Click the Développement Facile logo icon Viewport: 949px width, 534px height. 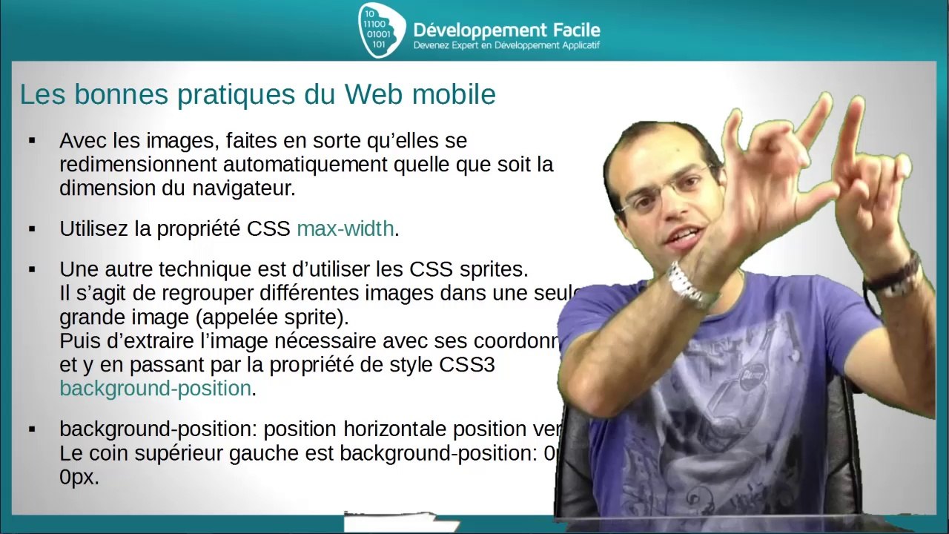381,30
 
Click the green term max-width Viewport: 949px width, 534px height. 345,228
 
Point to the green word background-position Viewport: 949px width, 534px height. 155,389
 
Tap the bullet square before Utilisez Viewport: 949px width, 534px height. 32,229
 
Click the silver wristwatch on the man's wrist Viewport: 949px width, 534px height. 690,286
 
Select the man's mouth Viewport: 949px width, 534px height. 684,238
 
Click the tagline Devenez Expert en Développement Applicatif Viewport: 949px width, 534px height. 506,46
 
